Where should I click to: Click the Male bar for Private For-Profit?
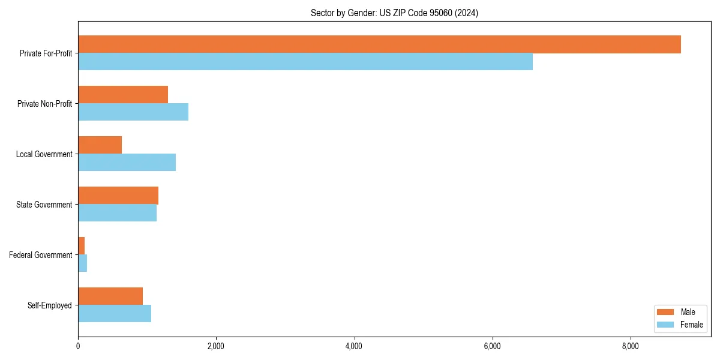coord(379,44)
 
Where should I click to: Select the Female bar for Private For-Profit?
coord(305,62)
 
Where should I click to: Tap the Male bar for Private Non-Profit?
coord(123,95)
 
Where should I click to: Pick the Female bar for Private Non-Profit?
coord(133,112)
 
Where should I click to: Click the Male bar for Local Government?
coord(100,145)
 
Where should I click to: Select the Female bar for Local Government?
coord(127,163)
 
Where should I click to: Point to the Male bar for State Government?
coord(118,196)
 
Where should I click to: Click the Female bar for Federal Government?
coord(83,263)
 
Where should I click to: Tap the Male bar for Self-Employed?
coord(110,296)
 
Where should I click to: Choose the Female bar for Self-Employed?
coord(115,314)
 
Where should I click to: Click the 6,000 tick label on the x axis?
coord(492,346)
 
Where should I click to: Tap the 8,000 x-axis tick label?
coord(631,346)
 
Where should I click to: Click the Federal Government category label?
coord(41,255)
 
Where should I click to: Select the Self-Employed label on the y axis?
coord(50,305)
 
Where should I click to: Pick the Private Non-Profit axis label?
coord(44,104)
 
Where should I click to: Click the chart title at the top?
coord(394,13)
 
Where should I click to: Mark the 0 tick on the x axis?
coord(78,346)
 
